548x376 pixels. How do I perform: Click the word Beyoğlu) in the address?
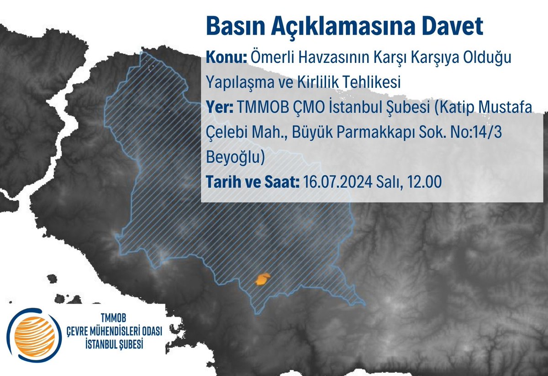(x=236, y=158)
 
